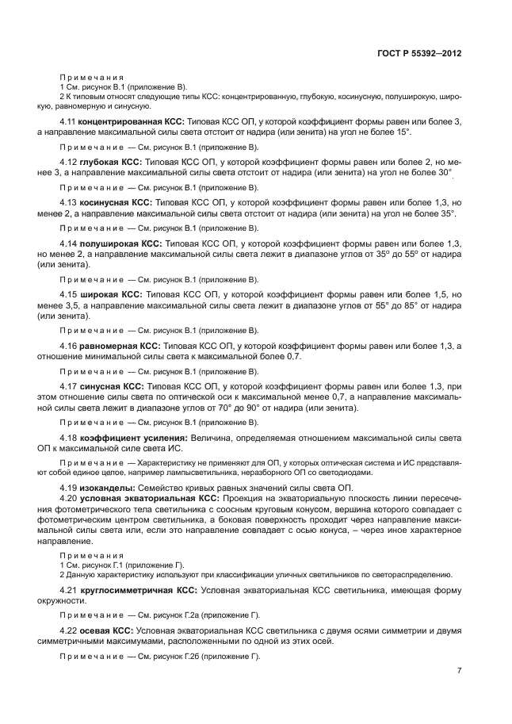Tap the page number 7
coord(459,670)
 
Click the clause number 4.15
coord(70,294)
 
